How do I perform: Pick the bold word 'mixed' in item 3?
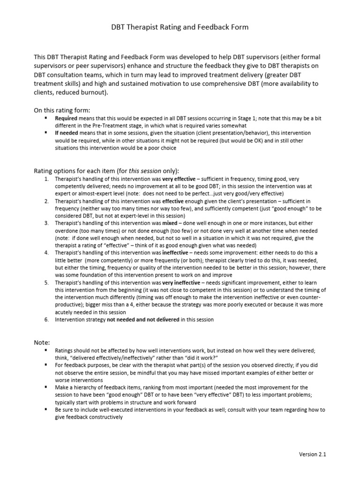click(x=170, y=223)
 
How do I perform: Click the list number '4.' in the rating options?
click(x=46, y=253)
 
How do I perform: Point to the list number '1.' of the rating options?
click(x=46, y=179)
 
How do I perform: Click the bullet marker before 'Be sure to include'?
click(x=46, y=409)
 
